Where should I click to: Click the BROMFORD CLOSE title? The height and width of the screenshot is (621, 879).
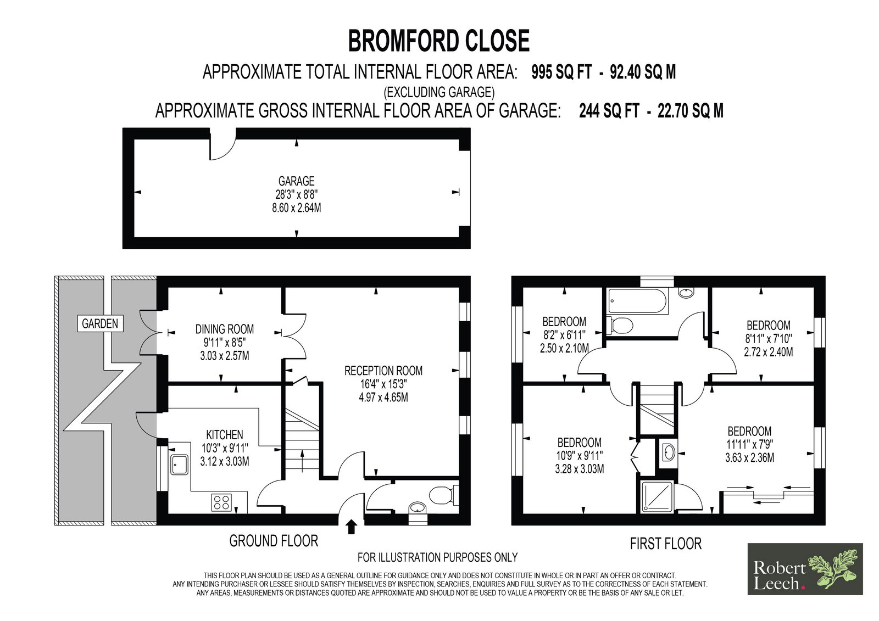pyautogui.click(x=439, y=42)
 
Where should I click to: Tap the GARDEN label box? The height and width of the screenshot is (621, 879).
pyautogui.click(x=99, y=323)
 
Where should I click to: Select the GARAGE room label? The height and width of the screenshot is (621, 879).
pyautogui.click(x=296, y=181)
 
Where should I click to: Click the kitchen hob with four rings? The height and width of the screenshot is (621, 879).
pyautogui.click(x=221, y=502)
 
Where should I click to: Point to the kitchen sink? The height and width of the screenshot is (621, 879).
pyautogui.click(x=179, y=465)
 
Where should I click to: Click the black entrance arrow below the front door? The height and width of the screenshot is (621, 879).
pyautogui.click(x=352, y=527)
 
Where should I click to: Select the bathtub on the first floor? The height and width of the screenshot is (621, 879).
pyautogui.click(x=636, y=301)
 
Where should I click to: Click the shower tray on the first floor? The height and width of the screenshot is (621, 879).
pyautogui.click(x=657, y=497)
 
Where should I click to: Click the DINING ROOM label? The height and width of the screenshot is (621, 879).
pyautogui.click(x=225, y=329)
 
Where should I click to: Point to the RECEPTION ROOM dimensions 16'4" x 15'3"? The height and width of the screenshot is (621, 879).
pyautogui.click(x=383, y=384)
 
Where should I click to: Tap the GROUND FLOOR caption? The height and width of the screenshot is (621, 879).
pyautogui.click(x=274, y=541)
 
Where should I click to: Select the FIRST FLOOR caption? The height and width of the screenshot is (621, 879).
pyautogui.click(x=665, y=544)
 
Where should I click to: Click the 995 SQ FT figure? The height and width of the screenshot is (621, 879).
pyautogui.click(x=561, y=72)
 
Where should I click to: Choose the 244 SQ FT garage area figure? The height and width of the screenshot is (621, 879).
pyautogui.click(x=609, y=111)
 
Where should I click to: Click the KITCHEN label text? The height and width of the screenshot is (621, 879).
pyautogui.click(x=225, y=435)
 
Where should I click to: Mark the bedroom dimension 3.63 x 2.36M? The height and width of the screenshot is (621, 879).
pyautogui.click(x=749, y=458)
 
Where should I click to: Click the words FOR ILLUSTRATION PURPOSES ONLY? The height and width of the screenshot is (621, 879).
pyautogui.click(x=437, y=557)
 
